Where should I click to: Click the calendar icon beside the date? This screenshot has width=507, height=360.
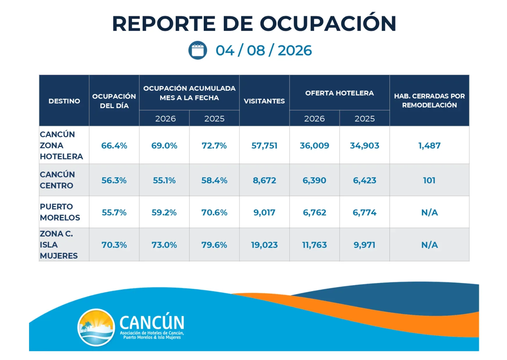click(x=198, y=50)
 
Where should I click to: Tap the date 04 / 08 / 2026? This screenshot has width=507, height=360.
click(x=264, y=51)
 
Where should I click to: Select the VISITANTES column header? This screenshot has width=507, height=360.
click(x=264, y=101)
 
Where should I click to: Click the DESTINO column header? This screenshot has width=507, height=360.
click(x=64, y=101)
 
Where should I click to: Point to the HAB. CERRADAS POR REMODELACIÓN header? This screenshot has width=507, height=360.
click(x=429, y=100)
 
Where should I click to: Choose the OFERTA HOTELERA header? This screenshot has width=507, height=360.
click(x=340, y=93)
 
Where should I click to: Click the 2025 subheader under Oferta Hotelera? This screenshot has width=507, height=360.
click(x=365, y=119)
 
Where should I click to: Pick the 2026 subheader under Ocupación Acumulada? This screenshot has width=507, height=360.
click(x=165, y=119)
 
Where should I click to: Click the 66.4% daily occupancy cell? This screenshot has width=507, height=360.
click(x=114, y=145)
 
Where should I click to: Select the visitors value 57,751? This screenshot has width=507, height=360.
click(x=264, y=145)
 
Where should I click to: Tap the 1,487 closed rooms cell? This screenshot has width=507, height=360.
click(x=429, y=145)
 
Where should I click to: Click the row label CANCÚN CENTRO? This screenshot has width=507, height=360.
click(x=57, y=180)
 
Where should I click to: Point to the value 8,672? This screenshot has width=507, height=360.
click(x=264, y=180)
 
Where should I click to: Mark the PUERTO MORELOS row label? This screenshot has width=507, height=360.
click(x=60, y=212)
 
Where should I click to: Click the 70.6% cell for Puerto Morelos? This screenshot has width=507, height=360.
click(x=214, y=212)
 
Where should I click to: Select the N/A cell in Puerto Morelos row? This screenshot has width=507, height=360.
click(x=429, y=212)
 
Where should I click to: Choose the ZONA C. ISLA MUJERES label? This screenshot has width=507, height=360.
click(x=59, y=245)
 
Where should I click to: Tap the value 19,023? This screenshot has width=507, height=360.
click(x=264, y=245)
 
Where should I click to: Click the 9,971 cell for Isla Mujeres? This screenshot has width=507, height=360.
click(x=364, y=245)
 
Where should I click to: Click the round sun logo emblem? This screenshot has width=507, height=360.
click(x=96, y=327)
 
